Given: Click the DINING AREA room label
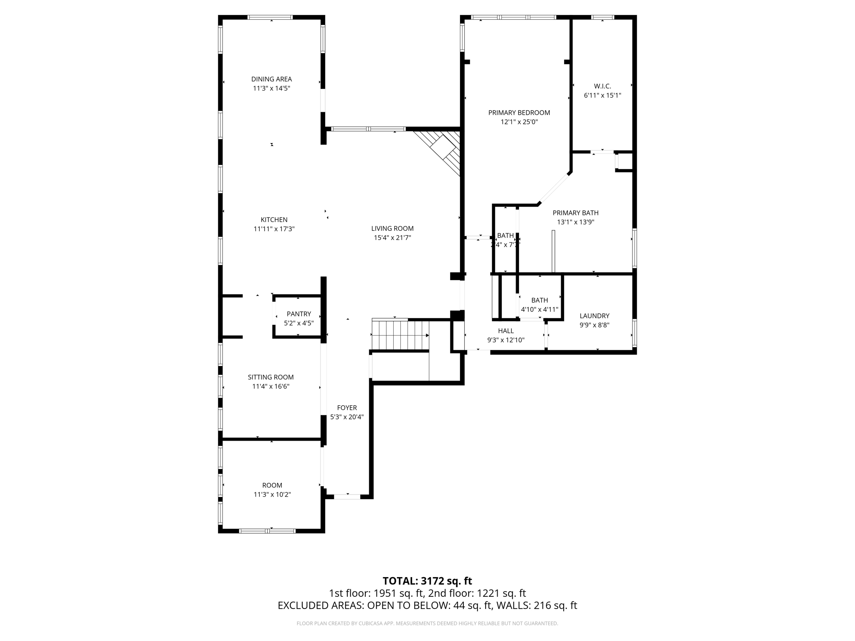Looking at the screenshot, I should [271, 79].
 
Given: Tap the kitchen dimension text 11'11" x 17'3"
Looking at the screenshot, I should [274, 229].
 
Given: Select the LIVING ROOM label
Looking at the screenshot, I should [392, 228].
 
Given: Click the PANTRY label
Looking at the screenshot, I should [298, 314].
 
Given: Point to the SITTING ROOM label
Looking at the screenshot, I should [271, 377].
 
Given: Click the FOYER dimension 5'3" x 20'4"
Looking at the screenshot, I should [347, 417].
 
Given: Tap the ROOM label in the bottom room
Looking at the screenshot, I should [272, 485].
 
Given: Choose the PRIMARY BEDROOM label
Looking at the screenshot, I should [519, 113].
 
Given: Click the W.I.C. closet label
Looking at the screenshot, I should [602, 86].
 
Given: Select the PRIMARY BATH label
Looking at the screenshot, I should [575, 213].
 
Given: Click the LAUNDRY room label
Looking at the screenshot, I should [594, 316].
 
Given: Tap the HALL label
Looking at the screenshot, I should [506, 331].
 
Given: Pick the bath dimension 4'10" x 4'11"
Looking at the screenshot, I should [539, 310].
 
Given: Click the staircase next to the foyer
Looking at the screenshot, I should [400, 335].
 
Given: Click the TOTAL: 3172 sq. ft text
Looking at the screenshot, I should [427, 581].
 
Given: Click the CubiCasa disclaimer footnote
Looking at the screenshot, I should [427, 623].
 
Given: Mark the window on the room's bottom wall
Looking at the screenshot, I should [267, 531].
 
